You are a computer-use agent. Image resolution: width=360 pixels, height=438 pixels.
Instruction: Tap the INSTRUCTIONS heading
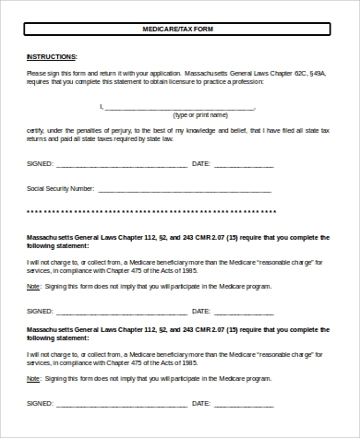[52, 56]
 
